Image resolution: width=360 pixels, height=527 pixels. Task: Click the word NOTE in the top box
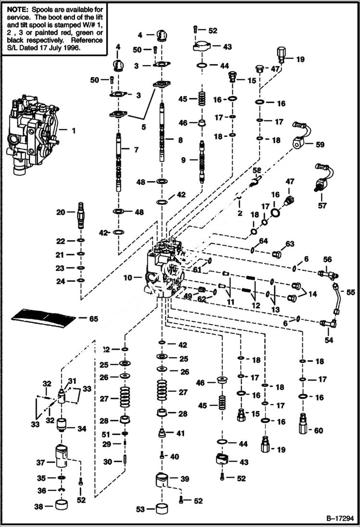(x=15, y=9)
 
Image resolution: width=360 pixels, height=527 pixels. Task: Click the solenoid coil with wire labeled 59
(x=298, y=143)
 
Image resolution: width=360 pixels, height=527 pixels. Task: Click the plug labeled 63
(x=277, y=255)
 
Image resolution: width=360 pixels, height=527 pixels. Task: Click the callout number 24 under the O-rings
(x=61, y=282)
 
